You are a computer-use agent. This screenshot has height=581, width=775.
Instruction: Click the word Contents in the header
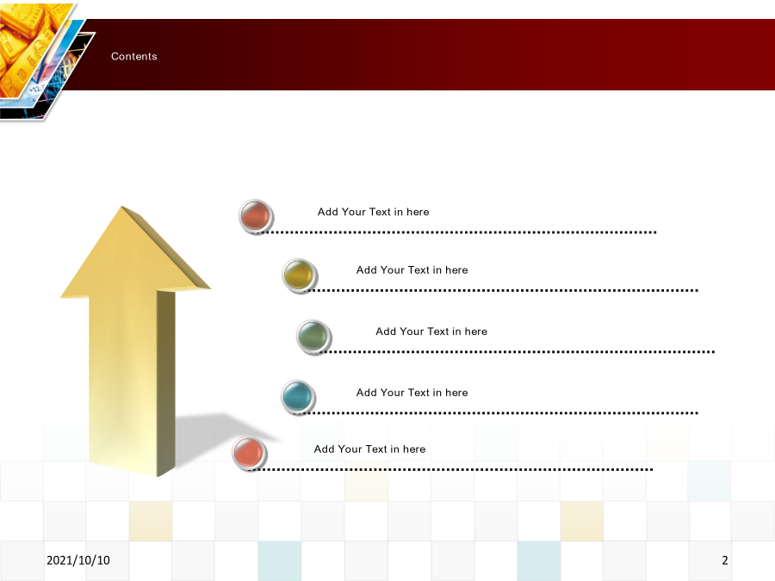134,56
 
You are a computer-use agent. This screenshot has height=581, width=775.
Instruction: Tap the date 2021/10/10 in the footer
78,560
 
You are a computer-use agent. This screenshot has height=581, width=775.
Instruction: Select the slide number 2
724,560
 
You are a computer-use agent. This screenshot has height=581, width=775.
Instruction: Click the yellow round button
300,275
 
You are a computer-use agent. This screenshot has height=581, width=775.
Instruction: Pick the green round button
313,337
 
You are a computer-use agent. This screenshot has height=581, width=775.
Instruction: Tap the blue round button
299,397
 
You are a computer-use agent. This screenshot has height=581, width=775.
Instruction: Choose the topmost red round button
256,217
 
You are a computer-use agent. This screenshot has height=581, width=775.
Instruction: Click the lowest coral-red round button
250,454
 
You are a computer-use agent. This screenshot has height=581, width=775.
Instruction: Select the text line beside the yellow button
412,269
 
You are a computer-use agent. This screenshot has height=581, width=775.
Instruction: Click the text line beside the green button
431,331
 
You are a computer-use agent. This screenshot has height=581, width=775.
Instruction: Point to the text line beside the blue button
412,392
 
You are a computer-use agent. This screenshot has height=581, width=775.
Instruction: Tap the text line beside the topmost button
373,212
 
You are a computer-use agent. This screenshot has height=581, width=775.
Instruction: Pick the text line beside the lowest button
369,449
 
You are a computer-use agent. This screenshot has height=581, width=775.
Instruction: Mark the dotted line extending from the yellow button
502,291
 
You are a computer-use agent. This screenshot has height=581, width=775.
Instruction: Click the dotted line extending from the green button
518,352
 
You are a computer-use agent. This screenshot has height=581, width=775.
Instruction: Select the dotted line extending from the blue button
501,413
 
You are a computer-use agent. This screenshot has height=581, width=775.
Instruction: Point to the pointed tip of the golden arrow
121,207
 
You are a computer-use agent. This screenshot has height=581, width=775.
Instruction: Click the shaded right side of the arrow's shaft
166,383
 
